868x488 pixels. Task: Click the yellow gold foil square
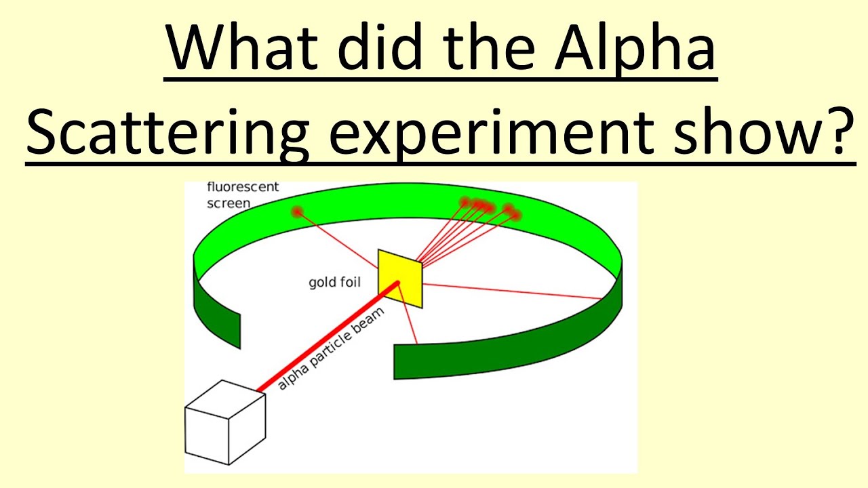(400, 278)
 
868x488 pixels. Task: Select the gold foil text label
(334, 282)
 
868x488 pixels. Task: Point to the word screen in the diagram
(229, 203)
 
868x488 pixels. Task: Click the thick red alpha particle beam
(325, 339)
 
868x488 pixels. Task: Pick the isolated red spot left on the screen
(296, 212)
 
